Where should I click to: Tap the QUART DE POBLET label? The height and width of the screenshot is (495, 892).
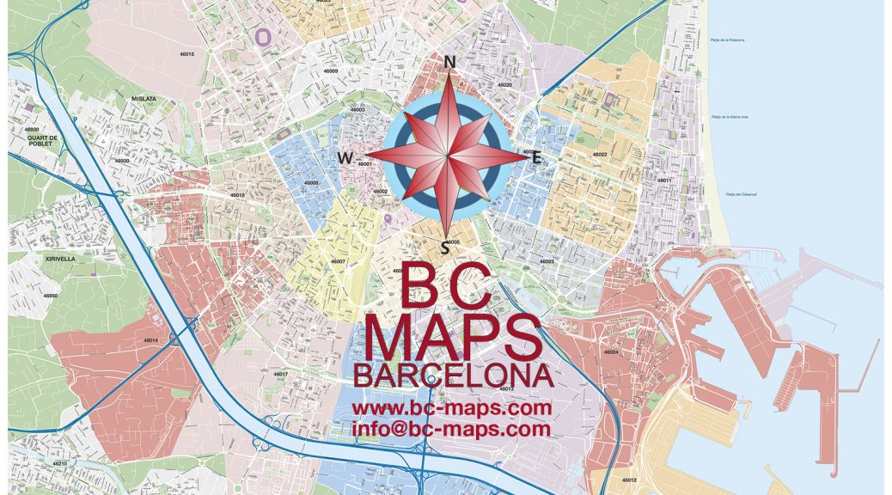[41, 140]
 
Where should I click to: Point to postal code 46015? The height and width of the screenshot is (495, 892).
[186, 54]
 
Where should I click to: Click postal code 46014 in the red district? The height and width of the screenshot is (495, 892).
[150, 340]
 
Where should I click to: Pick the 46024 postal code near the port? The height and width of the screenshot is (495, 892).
[611, 352]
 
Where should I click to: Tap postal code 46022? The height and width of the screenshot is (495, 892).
[600, 155]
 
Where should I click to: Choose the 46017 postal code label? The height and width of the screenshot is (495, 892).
[280, 375]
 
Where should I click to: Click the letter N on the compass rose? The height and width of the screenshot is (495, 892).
[449, 62]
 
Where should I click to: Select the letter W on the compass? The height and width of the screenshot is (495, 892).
[345, 157]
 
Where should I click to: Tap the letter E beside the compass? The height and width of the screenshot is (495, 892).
[537, 157]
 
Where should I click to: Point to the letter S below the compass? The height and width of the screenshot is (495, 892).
[444, 248]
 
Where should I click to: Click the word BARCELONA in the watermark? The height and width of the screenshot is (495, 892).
[452, 376]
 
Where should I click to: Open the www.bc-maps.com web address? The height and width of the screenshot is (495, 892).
[451, 407]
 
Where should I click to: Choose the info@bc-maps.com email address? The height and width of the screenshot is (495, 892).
[451, 428]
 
